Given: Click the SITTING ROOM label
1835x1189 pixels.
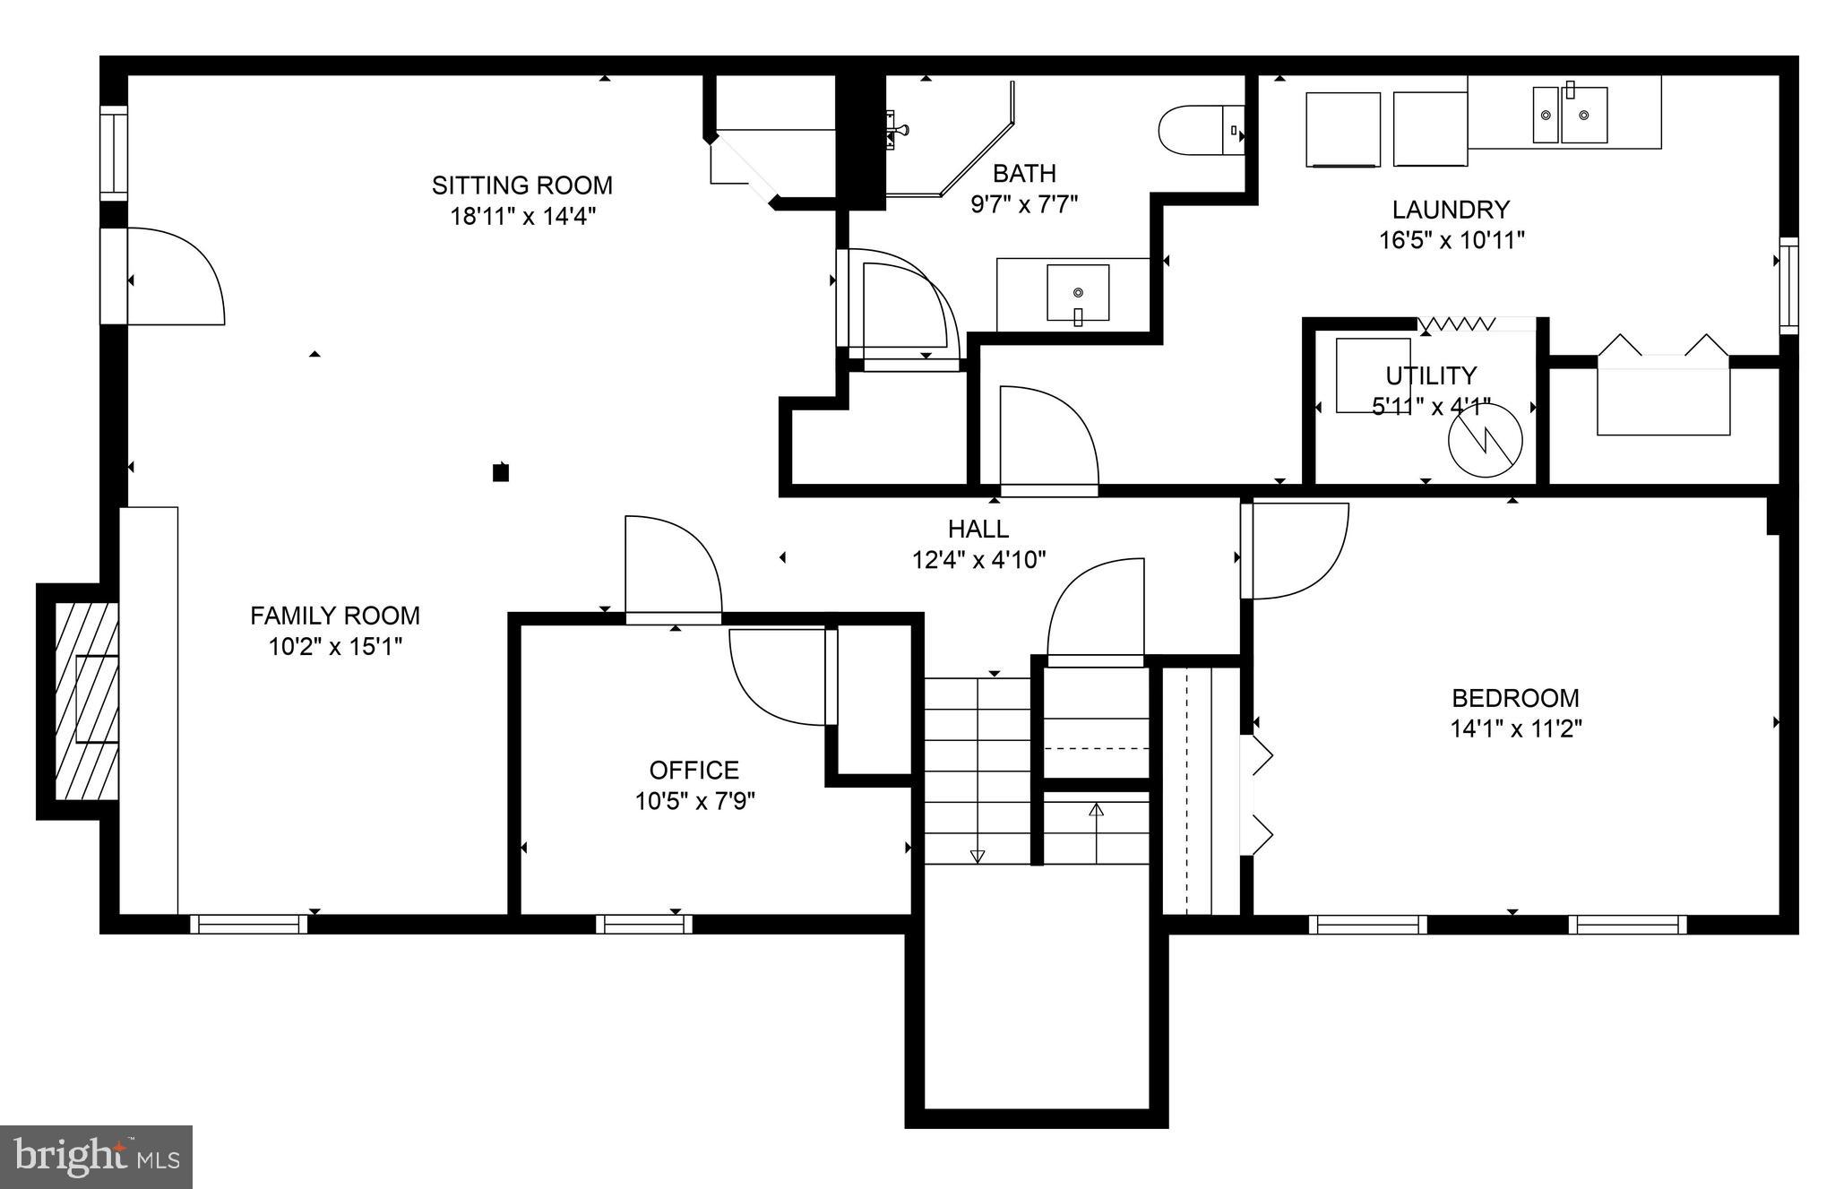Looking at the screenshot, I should tap(521, 185).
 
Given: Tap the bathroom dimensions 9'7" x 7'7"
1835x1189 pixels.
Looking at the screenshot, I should tap(1024, 203).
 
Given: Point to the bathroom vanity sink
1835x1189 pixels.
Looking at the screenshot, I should tap(1078, 292).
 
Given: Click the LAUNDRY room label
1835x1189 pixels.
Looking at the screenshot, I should tap(1451, 210).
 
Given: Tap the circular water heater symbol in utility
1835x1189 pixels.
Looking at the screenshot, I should tap(1486, 440).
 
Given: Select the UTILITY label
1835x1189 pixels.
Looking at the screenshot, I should tap(1430, 375).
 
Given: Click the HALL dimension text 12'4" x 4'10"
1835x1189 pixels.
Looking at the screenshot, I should tap(978, 560).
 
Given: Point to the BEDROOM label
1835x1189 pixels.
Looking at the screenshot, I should tap(1515, 698).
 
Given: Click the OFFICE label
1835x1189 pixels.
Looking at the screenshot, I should tap(694, 770).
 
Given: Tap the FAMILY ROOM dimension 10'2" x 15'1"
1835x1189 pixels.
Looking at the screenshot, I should tap(335, 646).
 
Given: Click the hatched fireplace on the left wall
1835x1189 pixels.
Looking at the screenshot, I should tap(87, 701).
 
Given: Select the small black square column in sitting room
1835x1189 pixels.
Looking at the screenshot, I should tap(501, 472).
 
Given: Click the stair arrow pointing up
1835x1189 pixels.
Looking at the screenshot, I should tap(1095, 811).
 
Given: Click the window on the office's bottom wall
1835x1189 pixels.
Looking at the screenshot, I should tap(643, 923).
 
